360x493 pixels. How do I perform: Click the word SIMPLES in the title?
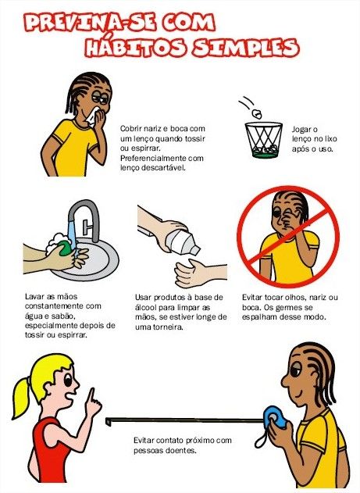(246, 48)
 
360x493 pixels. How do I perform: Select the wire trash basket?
(264, 140)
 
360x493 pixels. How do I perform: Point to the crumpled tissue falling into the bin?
(257, 113)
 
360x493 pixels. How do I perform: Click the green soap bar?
(65, 248)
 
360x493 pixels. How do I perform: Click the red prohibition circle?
(287, 237)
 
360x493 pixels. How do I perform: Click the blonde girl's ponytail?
(23, 397)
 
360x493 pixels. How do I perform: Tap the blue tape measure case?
(274, 418)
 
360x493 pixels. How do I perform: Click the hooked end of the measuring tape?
(108, 421)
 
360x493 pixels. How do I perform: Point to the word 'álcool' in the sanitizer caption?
(144, 307)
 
